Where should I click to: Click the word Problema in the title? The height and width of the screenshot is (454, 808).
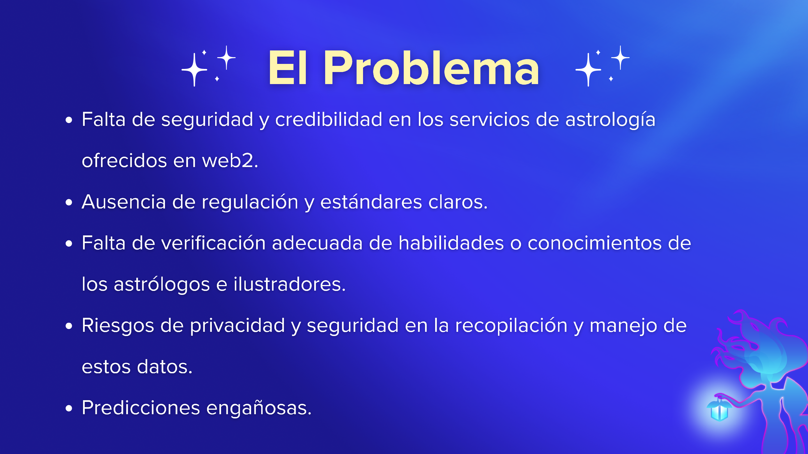pos(431,68)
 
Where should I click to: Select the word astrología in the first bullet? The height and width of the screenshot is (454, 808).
pos(610,120)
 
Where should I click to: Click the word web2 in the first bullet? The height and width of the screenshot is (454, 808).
pos(230,161)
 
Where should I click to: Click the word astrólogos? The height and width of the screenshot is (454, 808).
pos(162,285)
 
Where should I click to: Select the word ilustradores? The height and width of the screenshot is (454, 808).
pos(289,284)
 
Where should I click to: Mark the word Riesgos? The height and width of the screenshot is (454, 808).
pos(118,326)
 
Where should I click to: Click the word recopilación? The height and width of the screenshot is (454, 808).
pos(511,326)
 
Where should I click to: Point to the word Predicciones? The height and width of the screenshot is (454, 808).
pos(141,408)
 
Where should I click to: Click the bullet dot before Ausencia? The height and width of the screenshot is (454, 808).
pos(69,202)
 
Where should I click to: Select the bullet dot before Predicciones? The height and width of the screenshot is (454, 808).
pos(69,408)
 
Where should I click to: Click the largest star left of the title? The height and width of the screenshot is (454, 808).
pos(194,70)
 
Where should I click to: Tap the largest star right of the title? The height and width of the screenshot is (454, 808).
pos(588,70)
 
